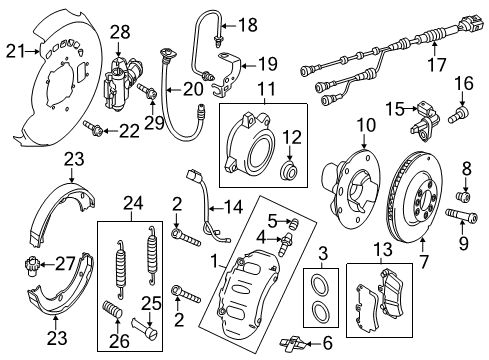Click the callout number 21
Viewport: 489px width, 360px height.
(15, 51)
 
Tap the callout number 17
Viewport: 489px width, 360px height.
(436, 64)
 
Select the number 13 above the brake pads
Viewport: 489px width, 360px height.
(382, 249)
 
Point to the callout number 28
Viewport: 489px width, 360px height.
(120, 32)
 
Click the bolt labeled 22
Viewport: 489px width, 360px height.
(92, 129)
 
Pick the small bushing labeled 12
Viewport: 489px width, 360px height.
(287, 171)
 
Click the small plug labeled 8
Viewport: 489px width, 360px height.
(463, 196)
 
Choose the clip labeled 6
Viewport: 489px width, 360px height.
(292, 344)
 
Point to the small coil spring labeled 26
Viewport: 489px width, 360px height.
(112, 309)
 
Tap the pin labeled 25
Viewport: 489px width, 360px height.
(145, 328)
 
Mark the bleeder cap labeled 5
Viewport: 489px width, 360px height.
(294, 223)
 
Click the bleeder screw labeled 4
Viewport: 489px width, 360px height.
(286, 244)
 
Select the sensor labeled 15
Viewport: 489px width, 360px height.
(426, 122)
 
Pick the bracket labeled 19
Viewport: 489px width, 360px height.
(227, 74)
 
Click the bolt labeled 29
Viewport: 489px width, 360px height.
(147, 90)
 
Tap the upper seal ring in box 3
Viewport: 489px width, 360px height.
(320, 283)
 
